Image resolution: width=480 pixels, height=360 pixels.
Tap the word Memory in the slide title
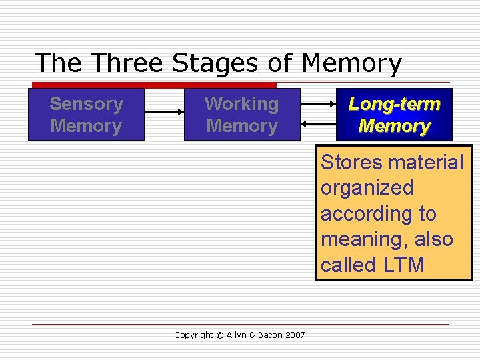[351, 63]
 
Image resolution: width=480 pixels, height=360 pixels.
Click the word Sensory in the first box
[86, 104]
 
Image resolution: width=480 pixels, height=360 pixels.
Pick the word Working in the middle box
[241, 104]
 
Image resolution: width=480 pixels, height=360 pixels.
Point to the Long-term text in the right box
[395, 104]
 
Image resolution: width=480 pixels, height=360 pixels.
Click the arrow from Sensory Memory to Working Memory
[164, 113]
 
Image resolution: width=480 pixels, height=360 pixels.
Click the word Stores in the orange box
[352, 163]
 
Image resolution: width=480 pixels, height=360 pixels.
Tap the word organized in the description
[367, 189]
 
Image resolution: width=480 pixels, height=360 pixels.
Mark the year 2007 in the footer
[294, 335]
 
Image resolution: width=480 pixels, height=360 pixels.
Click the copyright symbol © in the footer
[221, 335]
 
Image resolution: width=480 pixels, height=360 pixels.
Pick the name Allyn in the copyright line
[237, 335]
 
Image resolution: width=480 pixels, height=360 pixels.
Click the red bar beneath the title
[154, 85]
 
